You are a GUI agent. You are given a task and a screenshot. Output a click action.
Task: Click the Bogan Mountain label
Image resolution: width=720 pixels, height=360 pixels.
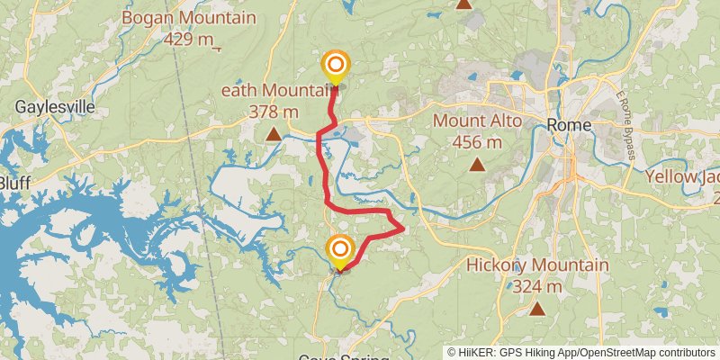coord(188,18)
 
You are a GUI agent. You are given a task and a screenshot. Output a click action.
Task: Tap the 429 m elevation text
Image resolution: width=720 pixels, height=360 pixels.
coord(189,40)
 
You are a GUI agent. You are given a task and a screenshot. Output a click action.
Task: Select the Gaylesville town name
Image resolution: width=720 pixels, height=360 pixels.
coord(54,107)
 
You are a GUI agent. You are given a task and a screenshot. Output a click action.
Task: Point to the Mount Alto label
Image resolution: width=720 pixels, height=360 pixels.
coord(478,121)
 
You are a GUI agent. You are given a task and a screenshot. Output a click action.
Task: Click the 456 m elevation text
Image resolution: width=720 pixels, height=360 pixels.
coord(477,142)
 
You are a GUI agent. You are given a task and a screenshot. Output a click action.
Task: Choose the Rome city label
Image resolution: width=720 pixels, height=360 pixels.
coord(570,126)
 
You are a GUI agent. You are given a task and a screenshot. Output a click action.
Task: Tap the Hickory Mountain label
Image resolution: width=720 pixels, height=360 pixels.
coord(537,265)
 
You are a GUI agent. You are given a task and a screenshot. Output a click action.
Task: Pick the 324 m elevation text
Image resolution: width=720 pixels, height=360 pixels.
coord(537,287)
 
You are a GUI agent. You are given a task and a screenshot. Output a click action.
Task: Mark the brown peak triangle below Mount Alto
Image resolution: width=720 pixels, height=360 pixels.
coord(477,165)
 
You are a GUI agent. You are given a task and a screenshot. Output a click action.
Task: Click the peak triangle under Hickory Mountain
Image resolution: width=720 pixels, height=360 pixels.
coord(537,309)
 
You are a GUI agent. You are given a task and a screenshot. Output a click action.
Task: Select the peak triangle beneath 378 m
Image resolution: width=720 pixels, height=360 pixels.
coord(273,135)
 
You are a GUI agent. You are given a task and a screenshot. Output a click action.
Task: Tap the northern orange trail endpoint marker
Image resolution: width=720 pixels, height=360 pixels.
coord(336,65)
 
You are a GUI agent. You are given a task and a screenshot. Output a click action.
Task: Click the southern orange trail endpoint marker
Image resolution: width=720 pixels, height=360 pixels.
coord(340,249)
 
